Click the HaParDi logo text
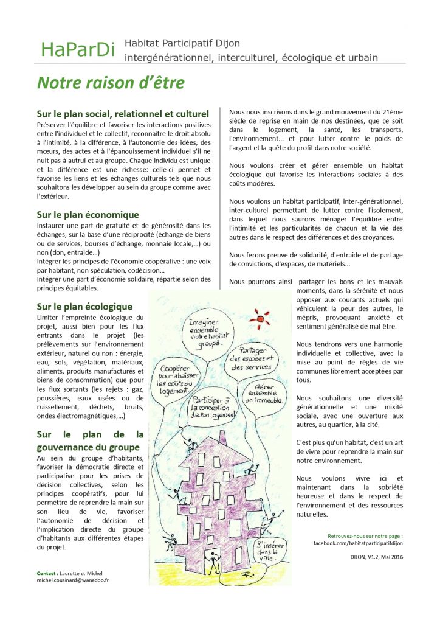77,50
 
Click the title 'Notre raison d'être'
111,82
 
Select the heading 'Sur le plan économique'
88,214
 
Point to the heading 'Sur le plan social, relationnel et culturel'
123,114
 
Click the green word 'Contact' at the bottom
46,573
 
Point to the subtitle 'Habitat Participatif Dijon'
182,43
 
